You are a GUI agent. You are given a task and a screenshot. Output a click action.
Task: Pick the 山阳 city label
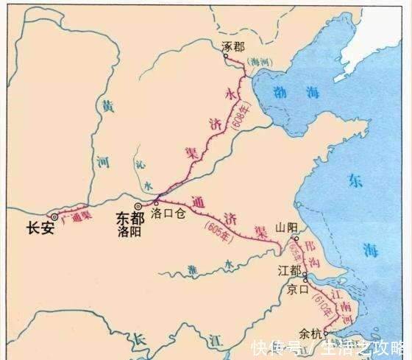pos(285,229)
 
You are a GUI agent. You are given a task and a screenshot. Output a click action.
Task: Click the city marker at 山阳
pos(296,239)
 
